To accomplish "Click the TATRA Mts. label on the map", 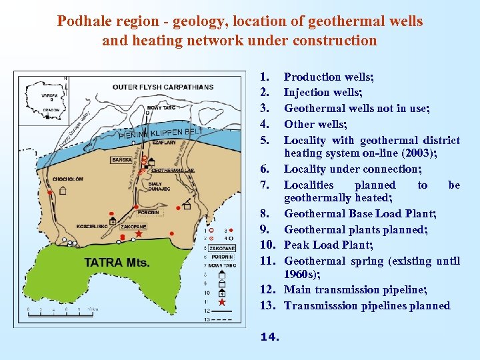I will tap(117, 262).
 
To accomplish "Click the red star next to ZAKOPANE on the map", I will tap(139, 234).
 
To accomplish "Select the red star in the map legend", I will tap(221, 303).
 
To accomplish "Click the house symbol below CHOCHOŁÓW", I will tap(63, 190).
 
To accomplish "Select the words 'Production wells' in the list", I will tap(328, 77).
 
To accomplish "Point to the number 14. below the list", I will tap(269, 337).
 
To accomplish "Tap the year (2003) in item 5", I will tap(403, 153).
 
